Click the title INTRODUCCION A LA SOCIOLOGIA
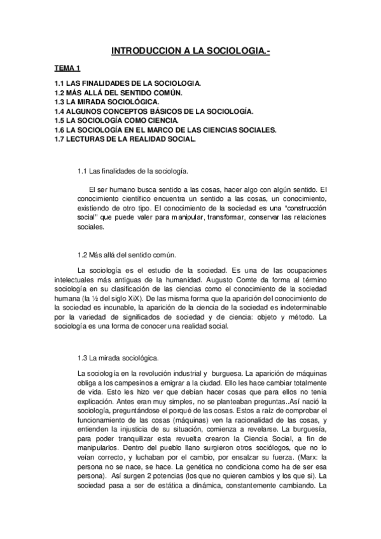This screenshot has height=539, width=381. coord(191,50)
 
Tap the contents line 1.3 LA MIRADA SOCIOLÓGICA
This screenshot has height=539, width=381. coord(107,102)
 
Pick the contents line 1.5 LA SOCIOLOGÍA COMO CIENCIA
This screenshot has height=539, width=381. coord(116,120)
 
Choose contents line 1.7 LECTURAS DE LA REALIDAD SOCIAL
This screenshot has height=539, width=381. coord(125,139)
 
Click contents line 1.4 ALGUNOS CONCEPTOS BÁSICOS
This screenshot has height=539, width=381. coord(145,111)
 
